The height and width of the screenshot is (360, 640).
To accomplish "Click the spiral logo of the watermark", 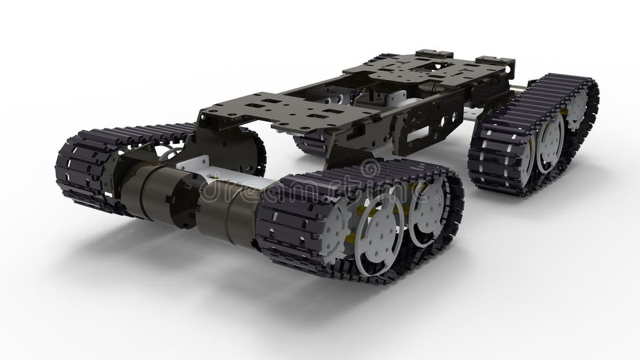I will coord(370,169).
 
